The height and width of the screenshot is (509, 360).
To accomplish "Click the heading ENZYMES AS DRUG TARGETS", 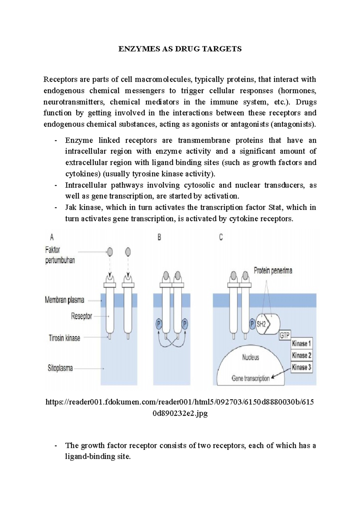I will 180,49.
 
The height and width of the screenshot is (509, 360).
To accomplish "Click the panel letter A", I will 52,237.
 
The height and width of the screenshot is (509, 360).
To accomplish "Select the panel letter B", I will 159,237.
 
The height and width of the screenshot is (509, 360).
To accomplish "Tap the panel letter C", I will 221,237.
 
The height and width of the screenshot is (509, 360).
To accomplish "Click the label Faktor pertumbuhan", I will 60,255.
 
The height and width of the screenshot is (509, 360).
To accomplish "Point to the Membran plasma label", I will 64,300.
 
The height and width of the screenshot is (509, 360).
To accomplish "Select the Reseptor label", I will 81,316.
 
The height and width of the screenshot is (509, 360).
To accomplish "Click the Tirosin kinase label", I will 64,338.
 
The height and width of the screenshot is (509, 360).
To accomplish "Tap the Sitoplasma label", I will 60,368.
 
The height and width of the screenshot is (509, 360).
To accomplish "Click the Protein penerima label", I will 273,271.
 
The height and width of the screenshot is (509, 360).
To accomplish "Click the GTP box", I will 284,335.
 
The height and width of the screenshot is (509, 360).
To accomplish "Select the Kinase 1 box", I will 301,344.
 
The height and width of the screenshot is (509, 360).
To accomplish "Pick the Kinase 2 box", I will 301,356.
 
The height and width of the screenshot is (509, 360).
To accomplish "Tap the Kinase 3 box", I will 301,367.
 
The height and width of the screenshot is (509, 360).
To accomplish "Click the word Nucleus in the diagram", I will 250,357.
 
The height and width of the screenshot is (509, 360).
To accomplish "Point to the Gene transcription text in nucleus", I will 250,379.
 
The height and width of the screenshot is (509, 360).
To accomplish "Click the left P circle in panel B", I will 159,324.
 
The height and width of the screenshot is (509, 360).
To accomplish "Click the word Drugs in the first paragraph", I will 306,102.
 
